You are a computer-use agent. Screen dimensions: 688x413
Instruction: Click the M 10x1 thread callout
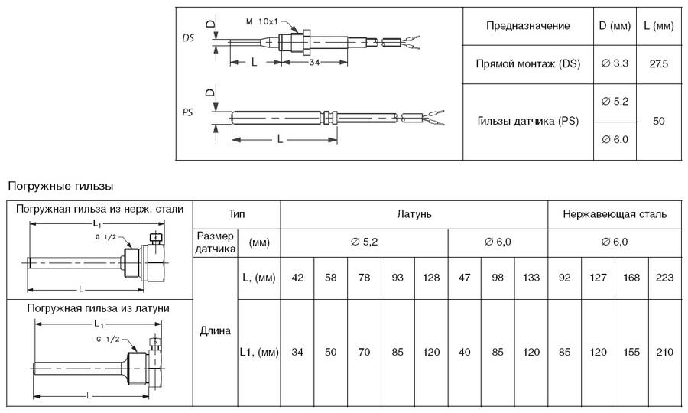pos(262,21)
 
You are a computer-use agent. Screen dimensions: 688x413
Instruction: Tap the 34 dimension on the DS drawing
pos(315,62)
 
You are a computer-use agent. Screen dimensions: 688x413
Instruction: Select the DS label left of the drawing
pos(188,38)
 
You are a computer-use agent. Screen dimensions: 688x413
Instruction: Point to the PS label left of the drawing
pos(187,112)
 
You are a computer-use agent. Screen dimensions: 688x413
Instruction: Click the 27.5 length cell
pos(658,64)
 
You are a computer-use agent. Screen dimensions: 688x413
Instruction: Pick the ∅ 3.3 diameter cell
pos(615,63)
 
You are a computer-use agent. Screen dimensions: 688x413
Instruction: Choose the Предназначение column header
pos(527,26)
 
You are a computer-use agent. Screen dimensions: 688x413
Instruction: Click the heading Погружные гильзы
pos(60,186)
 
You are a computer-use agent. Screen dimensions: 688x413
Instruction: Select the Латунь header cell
pos(414,214)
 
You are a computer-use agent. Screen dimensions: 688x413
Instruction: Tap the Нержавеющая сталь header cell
pos(615,214)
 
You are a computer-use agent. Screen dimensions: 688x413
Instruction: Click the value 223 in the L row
pos(665,278)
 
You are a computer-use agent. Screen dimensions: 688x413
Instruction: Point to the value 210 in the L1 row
pos(665,352)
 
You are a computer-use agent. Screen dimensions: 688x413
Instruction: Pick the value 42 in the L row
pos(297,278)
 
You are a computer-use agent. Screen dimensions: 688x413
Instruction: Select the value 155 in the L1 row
pos(631,352)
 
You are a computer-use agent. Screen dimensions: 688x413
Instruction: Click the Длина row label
pos(215,331)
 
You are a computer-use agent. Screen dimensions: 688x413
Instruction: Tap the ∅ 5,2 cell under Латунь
pos(364,242)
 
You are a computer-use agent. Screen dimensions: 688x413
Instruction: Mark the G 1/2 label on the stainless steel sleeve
pos(105,237)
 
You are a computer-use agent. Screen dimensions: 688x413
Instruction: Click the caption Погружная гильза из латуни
pos(99,308)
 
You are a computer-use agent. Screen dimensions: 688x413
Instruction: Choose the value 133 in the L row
pos(531,278)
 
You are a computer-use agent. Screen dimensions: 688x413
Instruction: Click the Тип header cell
pos(236,214)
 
